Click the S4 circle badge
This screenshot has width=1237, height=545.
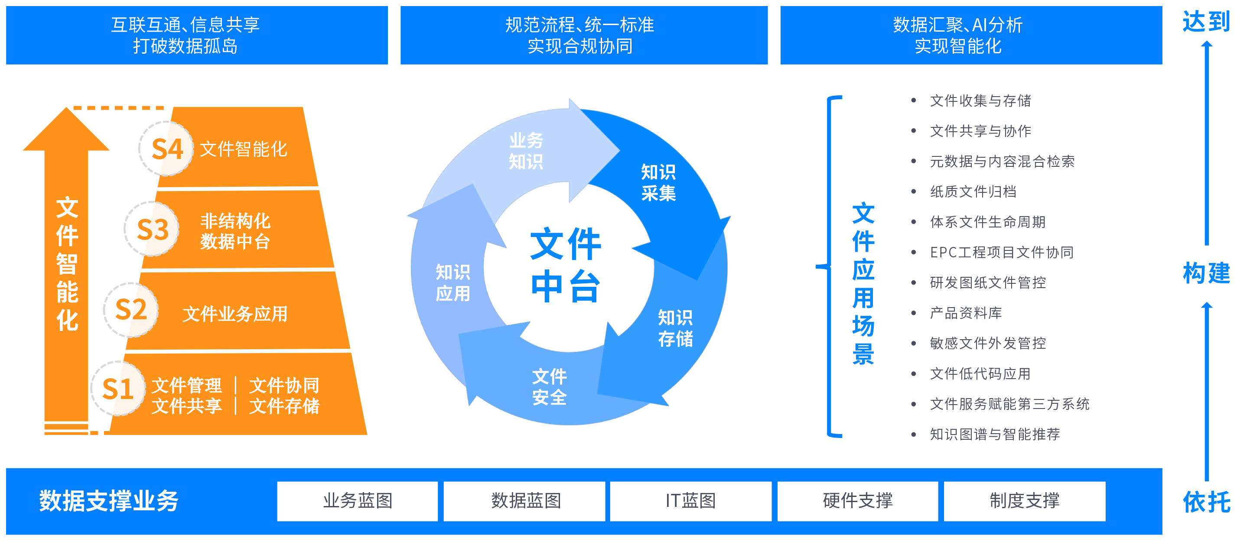tap(166, 149)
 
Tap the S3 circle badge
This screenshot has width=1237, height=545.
tap(152, 229)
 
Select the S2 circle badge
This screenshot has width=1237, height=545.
tap(130, 310)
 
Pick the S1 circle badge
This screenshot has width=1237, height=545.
tap(117, 389)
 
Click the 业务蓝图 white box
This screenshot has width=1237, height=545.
tap(357, 501)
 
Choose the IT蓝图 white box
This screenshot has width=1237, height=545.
tap(690, 501)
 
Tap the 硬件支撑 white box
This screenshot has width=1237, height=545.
tap(858, 501)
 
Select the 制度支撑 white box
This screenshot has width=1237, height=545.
tap(1024, 501)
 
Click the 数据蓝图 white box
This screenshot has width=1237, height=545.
tap(524, 501)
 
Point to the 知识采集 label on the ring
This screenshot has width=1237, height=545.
tap(658, 182)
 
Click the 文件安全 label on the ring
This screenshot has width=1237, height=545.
tap(549, 387)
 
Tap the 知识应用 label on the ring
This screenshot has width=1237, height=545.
tap(453, 283)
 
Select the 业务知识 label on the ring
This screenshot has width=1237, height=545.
tap(526, 151)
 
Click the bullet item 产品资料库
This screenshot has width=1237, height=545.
tap(966, 313)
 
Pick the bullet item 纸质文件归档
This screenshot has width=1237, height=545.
tap(973, 191)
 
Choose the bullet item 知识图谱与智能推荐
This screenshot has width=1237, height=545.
tap(995, 434)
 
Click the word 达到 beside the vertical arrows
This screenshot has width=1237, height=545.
tap(1206, 22)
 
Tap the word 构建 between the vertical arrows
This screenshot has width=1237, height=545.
tap(1206, 274)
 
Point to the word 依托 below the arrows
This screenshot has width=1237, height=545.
tap(1206, 502)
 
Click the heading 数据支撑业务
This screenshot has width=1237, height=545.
tap(109, 501)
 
